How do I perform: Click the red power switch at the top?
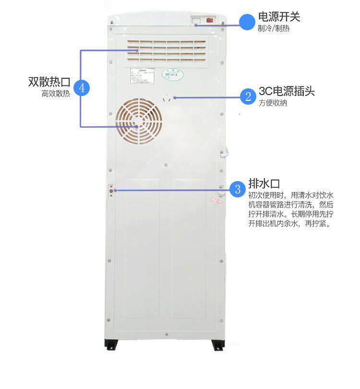click(x=210, y=20)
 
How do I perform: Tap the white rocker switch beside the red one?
click(x=196, y=21)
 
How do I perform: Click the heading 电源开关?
click(x=279, y=17)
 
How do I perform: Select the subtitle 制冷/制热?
click(x=274, y=28)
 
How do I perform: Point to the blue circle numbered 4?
click(x=82, y=87)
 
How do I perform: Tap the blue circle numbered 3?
click(x=238, y=189)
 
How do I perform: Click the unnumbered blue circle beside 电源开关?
click(x=247, y=22)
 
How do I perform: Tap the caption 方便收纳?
click(x=273, y=103)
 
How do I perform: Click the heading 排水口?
click(x=264, y=184)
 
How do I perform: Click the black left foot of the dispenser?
click(x=112, y=344)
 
